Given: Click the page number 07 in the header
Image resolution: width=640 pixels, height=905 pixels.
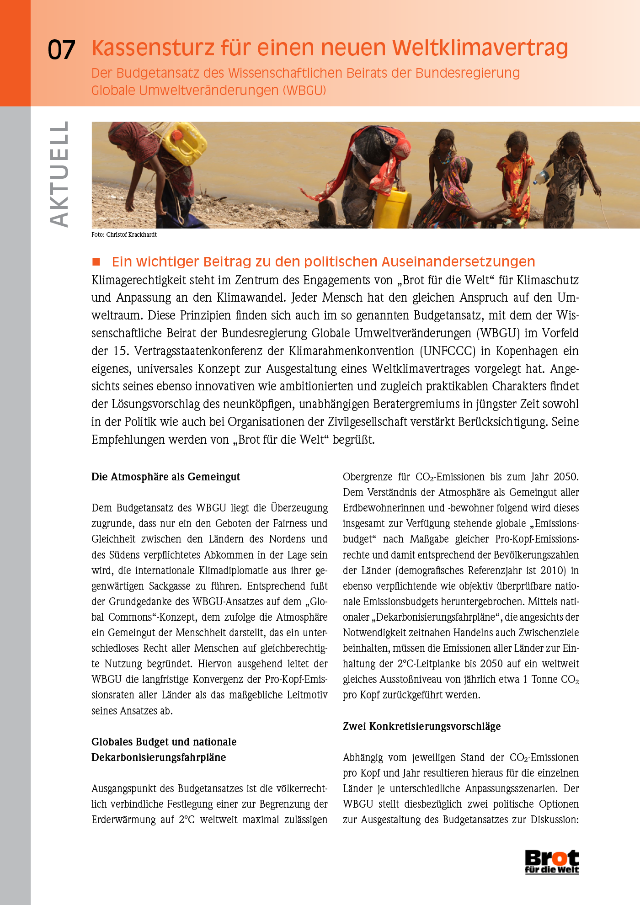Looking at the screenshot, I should point(61,49).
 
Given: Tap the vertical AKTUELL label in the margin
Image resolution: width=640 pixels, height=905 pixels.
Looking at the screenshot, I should point(59,174).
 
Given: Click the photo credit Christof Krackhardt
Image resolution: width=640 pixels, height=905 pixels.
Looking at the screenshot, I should point(131,234).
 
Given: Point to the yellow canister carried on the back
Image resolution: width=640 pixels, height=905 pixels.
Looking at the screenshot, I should point(185,143).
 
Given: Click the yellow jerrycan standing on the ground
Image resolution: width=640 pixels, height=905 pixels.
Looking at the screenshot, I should point(392,208).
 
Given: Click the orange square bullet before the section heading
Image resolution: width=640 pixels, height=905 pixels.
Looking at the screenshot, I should point(96,262).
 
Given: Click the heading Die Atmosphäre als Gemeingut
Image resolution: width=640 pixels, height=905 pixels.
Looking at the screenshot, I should point(165,477).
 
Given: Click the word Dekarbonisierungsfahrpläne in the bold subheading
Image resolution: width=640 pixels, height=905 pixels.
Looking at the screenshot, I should point(159,757).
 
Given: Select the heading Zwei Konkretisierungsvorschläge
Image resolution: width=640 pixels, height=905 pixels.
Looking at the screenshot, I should point(421,726).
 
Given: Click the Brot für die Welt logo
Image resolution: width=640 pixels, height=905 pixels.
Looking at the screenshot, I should point(552,862).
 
